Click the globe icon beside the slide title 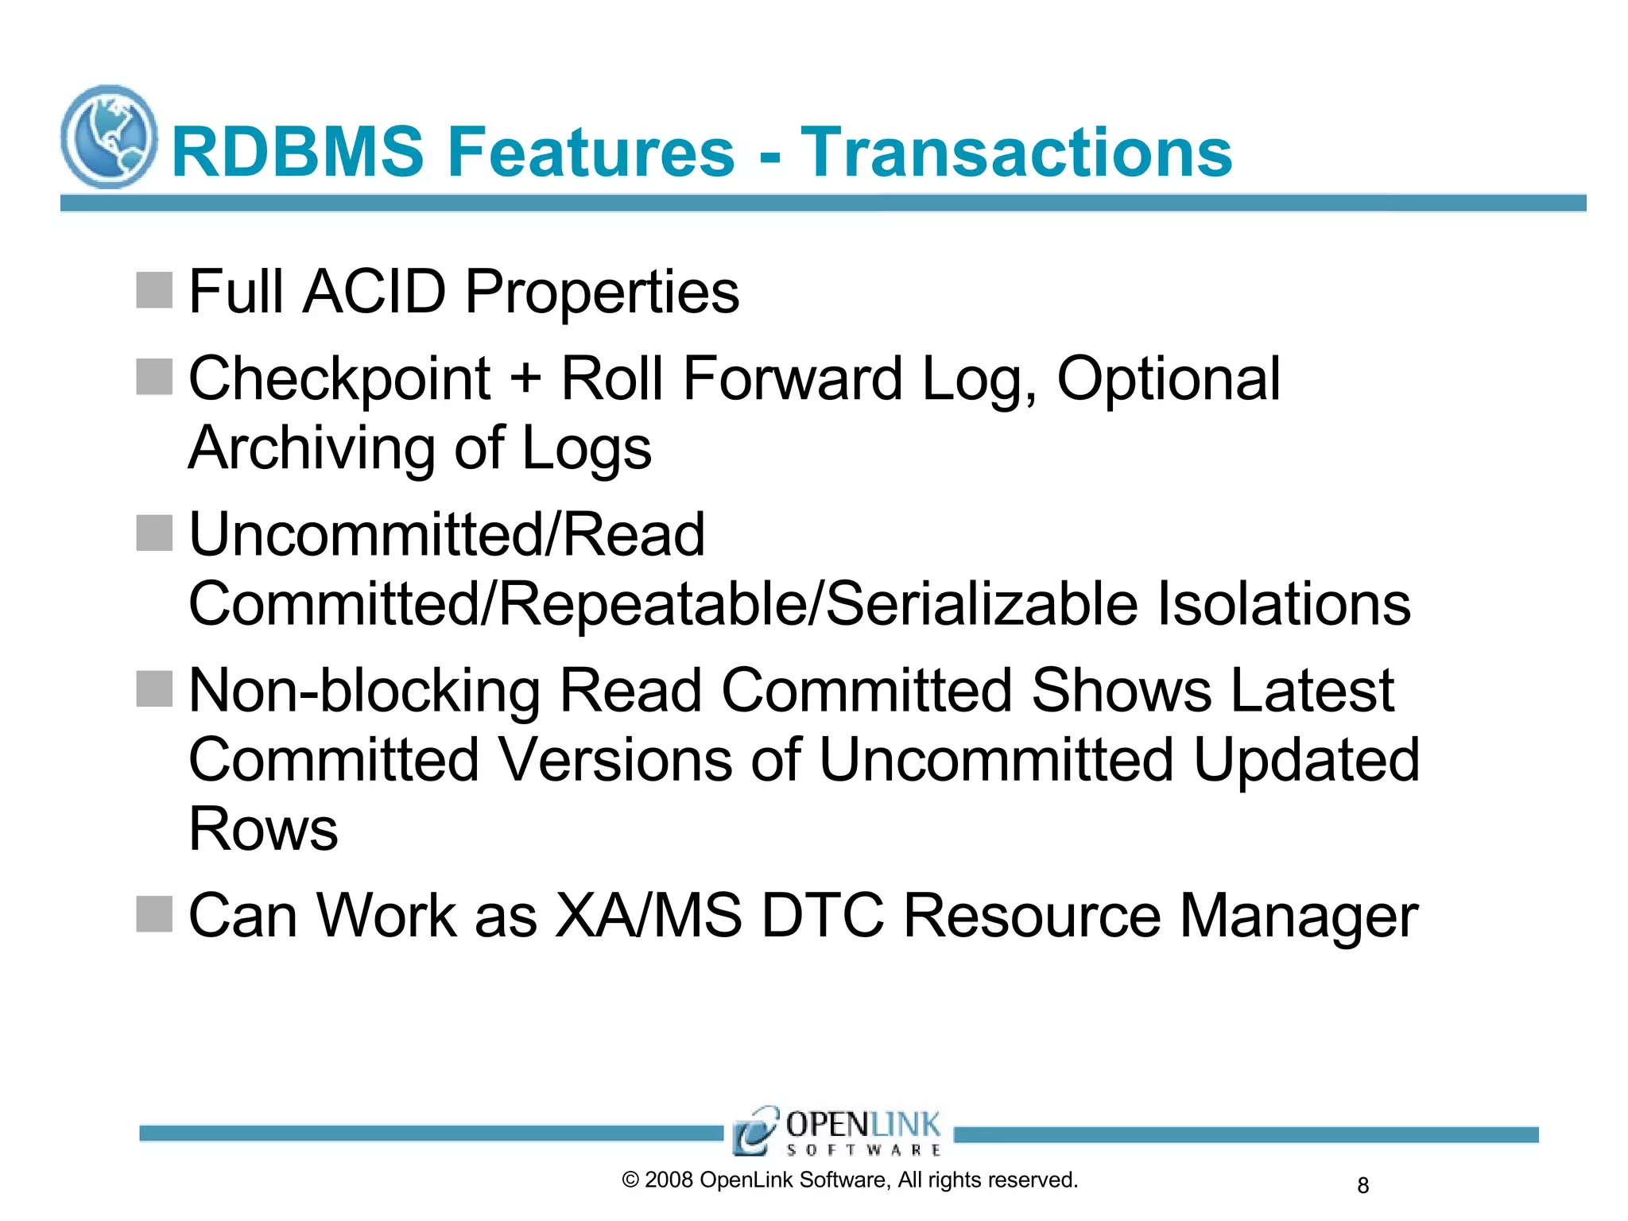pos(109,137)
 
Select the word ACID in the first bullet pos(375,292)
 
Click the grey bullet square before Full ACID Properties pos(154,290)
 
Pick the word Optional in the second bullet pos(1168,378)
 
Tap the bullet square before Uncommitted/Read pos(154,533)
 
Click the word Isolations pos(1283,604)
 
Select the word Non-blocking pos(365,690)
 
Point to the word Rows pos(263,829)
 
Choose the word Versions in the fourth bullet pos(614,760)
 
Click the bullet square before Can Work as pos(154,914)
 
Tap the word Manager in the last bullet pos(1297,916)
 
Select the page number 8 pos(1362,1185)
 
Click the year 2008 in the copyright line pos(669,1180)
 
